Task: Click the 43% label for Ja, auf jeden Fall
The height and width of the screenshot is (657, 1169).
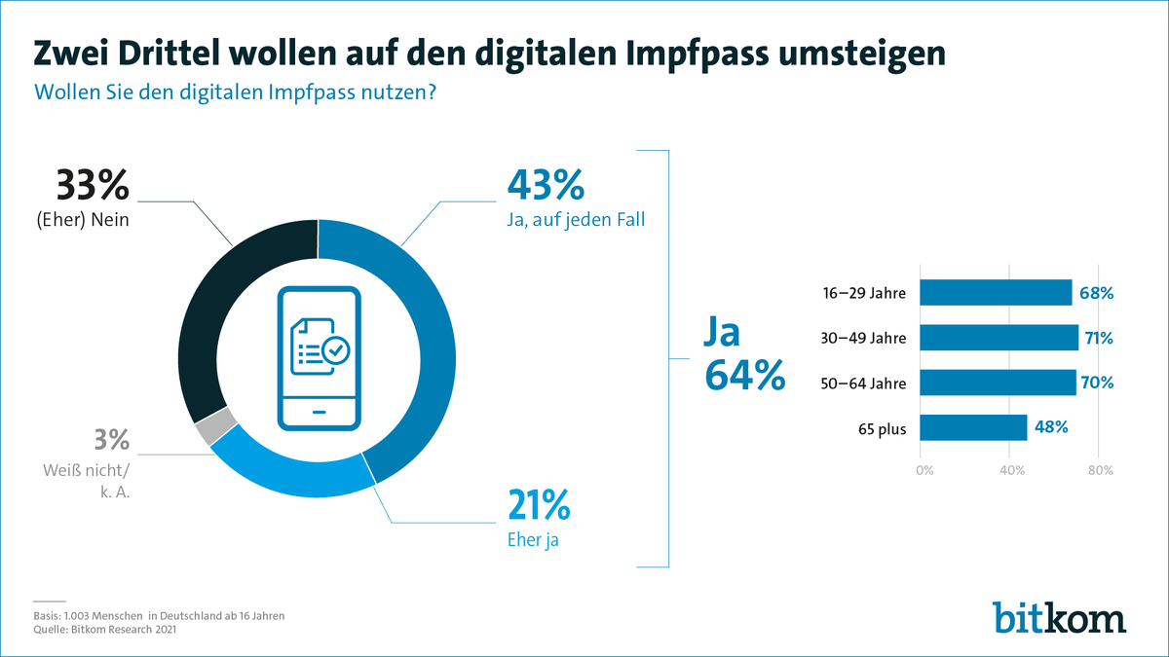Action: tap(545, 185)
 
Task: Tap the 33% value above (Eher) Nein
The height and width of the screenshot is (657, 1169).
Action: tap(93, 185)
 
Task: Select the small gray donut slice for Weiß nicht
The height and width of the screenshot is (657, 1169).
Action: tap(216, 425)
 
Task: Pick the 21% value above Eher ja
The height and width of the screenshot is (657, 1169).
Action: tap(538, 506)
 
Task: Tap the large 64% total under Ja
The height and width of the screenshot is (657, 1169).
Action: tap(744, 376)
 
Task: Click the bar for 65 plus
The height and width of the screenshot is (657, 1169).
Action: tap(973, 427)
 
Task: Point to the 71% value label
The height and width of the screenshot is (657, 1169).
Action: tap(1098, 338)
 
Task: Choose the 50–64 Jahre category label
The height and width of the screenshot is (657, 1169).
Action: tap(863, 383)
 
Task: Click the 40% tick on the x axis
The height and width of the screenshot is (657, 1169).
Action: tap(1011, 471)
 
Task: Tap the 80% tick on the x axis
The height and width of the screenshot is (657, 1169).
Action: tap(1100, 471)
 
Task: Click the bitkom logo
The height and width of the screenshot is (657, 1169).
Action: tap(1059, 617)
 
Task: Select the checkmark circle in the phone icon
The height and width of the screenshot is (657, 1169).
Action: tap(337, 348)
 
